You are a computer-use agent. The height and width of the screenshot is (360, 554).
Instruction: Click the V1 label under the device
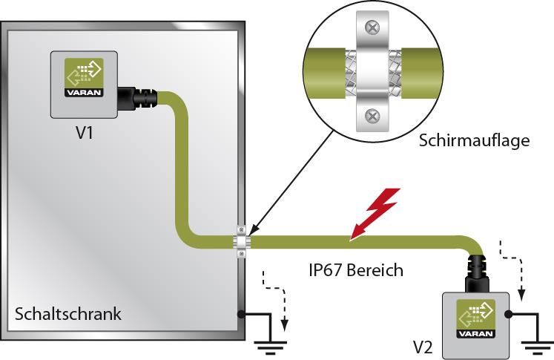click(x=84, y=135)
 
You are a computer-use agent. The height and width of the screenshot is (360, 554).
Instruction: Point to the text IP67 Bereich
click(x=356, y=269)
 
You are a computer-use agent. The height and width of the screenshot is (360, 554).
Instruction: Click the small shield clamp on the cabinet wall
click(x=243, y=240)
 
